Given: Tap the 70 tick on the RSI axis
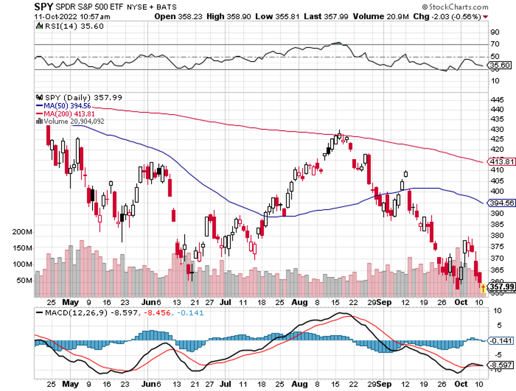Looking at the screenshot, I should [495, 44].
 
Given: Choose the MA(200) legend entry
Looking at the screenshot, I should [61, 113].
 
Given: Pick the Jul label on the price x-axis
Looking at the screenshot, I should [225, 302].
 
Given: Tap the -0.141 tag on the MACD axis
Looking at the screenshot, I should [502, 340].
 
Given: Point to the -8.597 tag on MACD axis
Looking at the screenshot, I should [502, 365].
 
